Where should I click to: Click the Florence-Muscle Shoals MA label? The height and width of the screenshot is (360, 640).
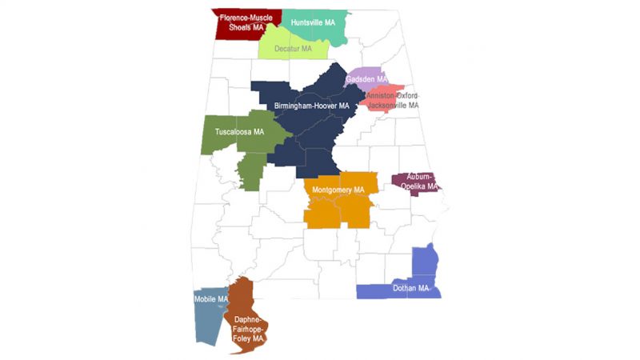pos(246,22)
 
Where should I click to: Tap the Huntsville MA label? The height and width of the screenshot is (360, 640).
pos(313,22)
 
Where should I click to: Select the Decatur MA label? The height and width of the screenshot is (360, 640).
pos(293,49)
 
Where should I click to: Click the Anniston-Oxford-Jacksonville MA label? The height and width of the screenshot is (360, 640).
pos(393,100)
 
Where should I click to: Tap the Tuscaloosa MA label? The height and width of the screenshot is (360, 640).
pos(240,131)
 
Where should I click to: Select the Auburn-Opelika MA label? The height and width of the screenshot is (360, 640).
pos(421,181)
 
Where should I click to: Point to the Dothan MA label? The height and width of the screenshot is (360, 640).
pos(411,288)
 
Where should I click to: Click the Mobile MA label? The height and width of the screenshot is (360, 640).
pos(211,300)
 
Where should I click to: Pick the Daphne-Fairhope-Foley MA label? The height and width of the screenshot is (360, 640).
pos(248,327)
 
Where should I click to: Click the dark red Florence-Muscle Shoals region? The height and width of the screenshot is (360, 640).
pos(228,30)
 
